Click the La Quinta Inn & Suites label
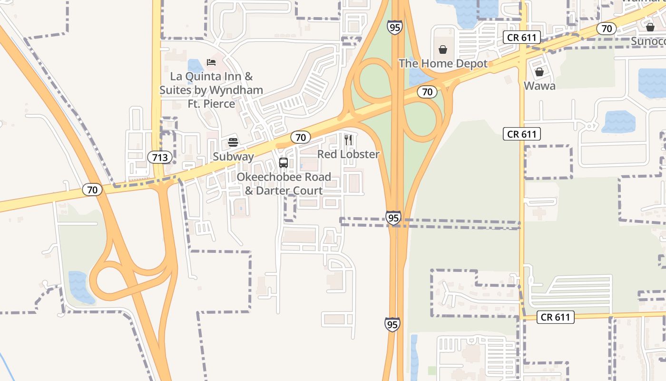tap(211, 90)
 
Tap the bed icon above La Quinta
tap(211, 62)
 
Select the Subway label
tap(233, 157)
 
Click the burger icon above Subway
tap(233, 142)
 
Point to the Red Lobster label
tap(349, 154)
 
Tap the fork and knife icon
tap(349, 140)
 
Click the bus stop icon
tap(284, 163)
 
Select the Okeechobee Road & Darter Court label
tap(284, 184)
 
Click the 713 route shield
tap(160, 157)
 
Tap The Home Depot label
tap(443, 64)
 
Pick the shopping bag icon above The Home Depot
tap(443, 50)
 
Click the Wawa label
tap(539, 86)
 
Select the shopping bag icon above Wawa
tap(539, 72)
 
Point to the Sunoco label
tap(648, 41)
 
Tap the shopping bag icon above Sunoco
tap(650, 27)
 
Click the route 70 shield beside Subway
tap(301, 138)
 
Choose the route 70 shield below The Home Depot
tap(427, 92)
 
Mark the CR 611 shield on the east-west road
tap(556, 317)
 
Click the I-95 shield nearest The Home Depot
tap(395, 27)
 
